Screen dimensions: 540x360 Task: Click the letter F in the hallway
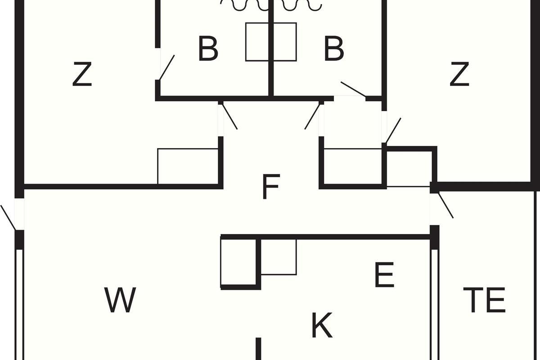[x=271, y=187]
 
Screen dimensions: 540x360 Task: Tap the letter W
[x=120, y=300]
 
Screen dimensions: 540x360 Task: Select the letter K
[x=322, y=325]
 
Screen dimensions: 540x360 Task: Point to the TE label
[x=484, y=300]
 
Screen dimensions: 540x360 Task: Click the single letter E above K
[x=384, y=274]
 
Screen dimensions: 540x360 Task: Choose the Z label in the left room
[x=82, y=74]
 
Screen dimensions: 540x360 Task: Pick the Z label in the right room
[x=459, y=74]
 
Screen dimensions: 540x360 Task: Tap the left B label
[x=208, y=48]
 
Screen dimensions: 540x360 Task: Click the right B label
[x=334, y=48]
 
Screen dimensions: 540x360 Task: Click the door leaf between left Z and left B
[x=166, y=67]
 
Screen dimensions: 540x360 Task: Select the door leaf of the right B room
[x=353, y=89]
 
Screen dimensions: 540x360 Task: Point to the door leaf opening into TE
[x=445, y=205]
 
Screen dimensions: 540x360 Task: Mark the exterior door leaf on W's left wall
[x=8, y=218]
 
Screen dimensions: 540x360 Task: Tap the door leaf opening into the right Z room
[x=393, y=130]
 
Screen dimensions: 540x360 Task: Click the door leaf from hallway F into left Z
[x=229, y=116]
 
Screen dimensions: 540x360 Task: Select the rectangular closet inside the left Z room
[x=188, y=166]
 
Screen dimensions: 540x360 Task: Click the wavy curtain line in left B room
[x=245, y=6]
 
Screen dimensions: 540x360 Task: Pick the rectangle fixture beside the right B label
[x=285, y=42]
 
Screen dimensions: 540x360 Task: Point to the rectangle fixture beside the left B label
[x=257, y=42]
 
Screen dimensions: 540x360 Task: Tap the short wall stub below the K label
[x=258, y=349]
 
